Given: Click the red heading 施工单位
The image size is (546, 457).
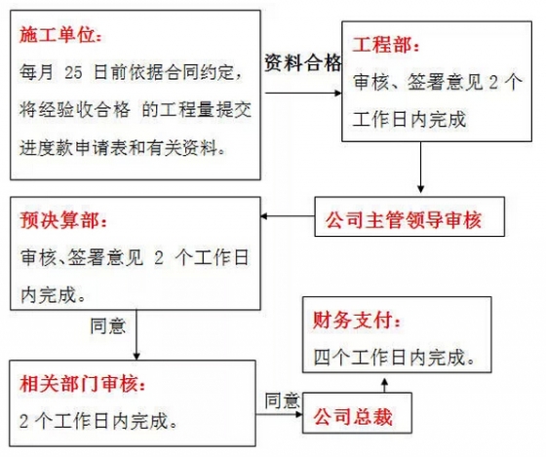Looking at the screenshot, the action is point(60,35).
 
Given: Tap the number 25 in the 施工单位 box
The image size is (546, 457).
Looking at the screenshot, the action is point(73,72).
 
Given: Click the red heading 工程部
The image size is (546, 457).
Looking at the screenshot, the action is point(385,45).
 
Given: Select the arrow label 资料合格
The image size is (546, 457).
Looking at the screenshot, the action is point(302,63).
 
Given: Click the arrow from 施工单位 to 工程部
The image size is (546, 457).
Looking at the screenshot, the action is point(303,93).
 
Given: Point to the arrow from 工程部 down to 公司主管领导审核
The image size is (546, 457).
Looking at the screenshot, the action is point(420,167).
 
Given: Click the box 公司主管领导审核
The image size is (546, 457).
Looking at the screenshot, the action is point(409,217).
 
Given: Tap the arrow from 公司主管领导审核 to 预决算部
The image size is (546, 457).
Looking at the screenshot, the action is point(288,216).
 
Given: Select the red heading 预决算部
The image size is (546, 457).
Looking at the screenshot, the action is point(63,220).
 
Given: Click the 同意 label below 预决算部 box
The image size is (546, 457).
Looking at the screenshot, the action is point(107,326).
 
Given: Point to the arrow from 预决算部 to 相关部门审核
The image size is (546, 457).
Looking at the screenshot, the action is point(136,335).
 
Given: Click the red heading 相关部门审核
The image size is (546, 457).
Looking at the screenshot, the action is point(82,384).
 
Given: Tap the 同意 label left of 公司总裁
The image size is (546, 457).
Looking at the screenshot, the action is point(282,400).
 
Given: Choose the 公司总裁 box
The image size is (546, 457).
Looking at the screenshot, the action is point(357,413).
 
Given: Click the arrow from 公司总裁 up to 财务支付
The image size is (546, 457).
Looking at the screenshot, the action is point(384,385).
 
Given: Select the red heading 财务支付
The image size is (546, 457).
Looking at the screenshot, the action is point(357,320).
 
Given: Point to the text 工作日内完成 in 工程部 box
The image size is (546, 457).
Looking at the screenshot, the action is point(409,119).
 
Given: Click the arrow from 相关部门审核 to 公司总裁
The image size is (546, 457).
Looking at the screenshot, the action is point(279,414).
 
